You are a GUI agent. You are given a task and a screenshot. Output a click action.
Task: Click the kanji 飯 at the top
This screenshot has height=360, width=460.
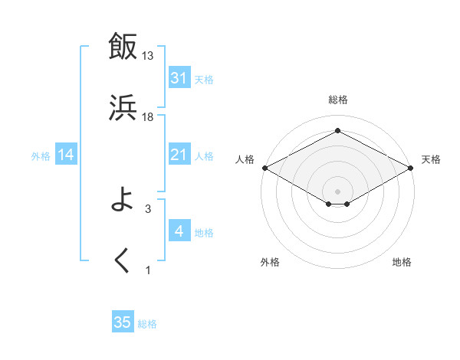[x=123, y=45]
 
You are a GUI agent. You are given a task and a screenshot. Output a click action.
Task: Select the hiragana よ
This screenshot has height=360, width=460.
[x=123, y=201]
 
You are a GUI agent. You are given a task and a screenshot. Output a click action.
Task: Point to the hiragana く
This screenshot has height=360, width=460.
[x=123, y=261]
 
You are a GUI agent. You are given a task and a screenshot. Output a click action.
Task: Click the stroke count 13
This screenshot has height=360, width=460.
[x=148, y=55]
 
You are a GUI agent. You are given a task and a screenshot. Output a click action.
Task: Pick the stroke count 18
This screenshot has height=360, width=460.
[x=148, y=116]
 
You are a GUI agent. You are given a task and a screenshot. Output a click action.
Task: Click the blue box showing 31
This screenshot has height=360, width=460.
[x=179, y=77]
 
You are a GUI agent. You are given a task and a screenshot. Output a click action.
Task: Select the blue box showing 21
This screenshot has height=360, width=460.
[x=179, y=155]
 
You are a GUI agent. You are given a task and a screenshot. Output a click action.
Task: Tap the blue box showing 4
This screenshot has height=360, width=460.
[x=179, y=231]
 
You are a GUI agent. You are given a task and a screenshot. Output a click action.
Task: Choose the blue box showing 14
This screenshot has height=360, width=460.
[x=66, y=155]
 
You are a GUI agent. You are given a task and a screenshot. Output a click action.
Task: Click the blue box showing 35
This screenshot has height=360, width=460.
[x=123, y=322]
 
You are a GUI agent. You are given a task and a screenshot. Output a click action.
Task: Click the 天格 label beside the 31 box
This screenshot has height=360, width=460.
[x=204, y=79]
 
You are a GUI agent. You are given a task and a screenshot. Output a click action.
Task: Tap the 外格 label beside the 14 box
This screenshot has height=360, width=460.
[x=41, y=155]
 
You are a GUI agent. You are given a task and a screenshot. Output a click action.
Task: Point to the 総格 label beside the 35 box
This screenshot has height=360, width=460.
[x=147, y=324]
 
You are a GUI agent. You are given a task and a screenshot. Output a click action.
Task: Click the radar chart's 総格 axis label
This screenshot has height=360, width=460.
[x=337, y=100]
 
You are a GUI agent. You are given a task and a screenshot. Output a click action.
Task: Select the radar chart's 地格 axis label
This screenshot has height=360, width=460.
[x=402, y=263]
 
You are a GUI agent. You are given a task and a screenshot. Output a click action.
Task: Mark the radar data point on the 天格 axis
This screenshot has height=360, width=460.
[x=412, y=168]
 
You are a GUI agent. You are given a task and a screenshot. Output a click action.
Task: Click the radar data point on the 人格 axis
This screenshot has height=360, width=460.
[x=264, y=168]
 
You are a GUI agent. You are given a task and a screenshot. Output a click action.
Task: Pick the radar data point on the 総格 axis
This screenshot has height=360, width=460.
[x=337, y=131]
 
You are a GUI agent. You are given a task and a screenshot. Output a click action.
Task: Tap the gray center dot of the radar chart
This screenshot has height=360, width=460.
[x=337, y=191]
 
